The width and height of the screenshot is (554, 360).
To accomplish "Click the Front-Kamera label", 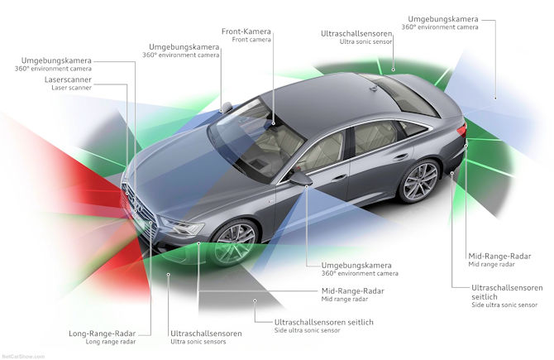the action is (x=246, y=31).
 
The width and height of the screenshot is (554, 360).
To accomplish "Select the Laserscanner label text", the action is (x=68, y=79).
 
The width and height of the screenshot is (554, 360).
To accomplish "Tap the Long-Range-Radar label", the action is (x=102, y=334).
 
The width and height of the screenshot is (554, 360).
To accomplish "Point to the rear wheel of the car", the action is (x=420, y=181).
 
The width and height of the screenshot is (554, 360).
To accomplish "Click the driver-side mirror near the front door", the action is (x=301, y=177).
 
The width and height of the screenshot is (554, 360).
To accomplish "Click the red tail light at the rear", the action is (x=461, y=132).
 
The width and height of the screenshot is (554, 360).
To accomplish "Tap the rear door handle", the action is (x=400, y=156).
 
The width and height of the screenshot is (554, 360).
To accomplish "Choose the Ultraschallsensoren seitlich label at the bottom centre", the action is (x=323, y=322).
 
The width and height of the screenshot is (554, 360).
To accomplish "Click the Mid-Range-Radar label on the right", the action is (x=499, y=256).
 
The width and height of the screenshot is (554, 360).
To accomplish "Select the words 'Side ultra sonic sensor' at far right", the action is (x=504, y=305).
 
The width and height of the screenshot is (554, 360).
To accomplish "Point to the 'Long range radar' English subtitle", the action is (x=111, y=342).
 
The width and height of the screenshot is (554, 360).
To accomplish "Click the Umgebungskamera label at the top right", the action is (x=443, y=19).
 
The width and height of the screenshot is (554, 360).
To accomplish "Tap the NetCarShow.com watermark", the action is (x=23, y=356).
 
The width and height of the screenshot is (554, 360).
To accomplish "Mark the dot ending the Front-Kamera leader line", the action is (x=274, y=123).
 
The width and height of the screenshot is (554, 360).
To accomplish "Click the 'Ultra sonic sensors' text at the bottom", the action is (x=198, y=342).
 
